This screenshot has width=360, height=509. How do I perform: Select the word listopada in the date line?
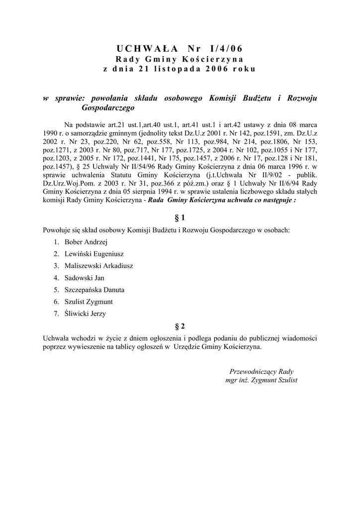(171, 69)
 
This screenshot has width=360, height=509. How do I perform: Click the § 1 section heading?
(180, 218)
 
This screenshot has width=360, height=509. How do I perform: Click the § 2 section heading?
(180, 326)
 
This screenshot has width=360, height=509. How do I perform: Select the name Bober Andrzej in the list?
(83, 242)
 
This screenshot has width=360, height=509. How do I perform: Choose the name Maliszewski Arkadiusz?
(98, 266)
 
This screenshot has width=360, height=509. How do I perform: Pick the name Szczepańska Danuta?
(94, 290)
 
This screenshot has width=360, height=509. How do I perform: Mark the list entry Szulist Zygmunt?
(89, 302)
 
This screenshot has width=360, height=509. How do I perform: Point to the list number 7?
(57, 314)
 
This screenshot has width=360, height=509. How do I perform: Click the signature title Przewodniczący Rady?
(262, 372)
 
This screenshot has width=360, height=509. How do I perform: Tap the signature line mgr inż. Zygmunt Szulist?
(262, 380)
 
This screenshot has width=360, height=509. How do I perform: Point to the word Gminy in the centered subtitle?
(156, 59)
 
